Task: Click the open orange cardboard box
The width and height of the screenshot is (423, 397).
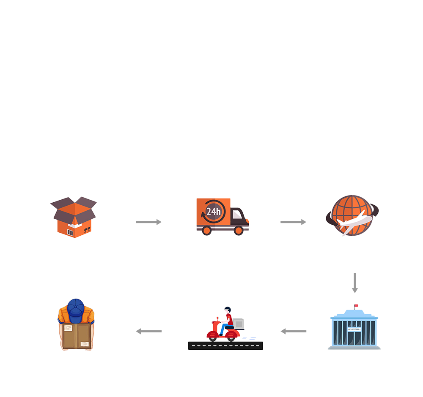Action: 73,217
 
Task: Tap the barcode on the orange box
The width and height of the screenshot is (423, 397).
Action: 70,232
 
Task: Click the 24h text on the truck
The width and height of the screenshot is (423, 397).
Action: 214,212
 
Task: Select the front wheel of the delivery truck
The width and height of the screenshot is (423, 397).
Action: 239,231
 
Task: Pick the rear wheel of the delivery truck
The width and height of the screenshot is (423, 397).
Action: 207,231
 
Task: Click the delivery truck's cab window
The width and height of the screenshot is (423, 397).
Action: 237,215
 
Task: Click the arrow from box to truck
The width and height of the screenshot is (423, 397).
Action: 148,222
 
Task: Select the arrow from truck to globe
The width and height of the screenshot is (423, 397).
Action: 293,222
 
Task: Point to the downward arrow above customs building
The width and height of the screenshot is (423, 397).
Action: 355,283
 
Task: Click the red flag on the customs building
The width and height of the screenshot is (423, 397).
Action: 356,305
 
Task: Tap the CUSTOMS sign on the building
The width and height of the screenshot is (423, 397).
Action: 354,329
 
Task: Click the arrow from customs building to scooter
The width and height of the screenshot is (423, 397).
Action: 293,331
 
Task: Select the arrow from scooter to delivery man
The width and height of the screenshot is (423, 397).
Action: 148,331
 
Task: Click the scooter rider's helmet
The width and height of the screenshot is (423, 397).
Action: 228,309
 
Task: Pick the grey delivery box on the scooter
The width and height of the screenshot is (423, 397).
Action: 239,324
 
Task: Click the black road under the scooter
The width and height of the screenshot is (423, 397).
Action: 225,345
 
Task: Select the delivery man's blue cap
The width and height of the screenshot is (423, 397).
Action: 76,311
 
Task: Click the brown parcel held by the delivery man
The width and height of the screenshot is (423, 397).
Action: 77,336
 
